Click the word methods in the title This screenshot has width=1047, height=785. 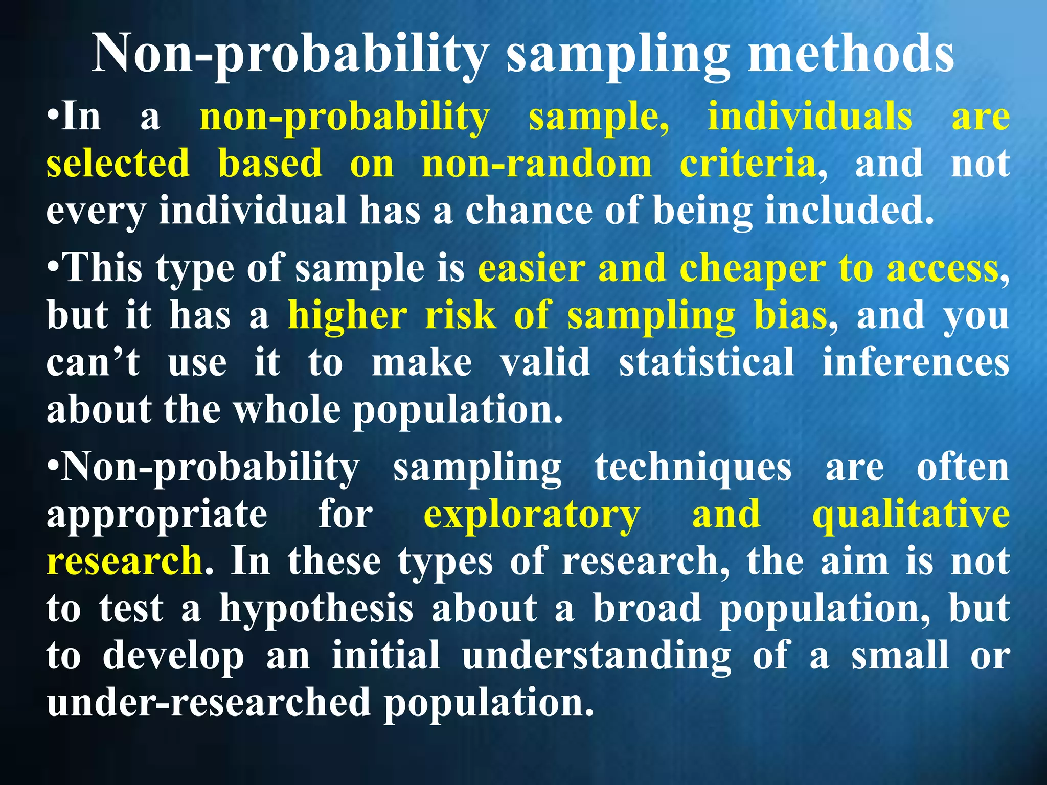(850, 54)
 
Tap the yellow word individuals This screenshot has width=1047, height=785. (809, 117)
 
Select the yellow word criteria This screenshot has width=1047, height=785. (747, 164)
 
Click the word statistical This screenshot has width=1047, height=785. (707, 362)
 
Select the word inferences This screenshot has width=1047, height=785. (916, 362)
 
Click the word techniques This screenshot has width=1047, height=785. (693, 467)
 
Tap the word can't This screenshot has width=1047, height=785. (93, 362)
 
